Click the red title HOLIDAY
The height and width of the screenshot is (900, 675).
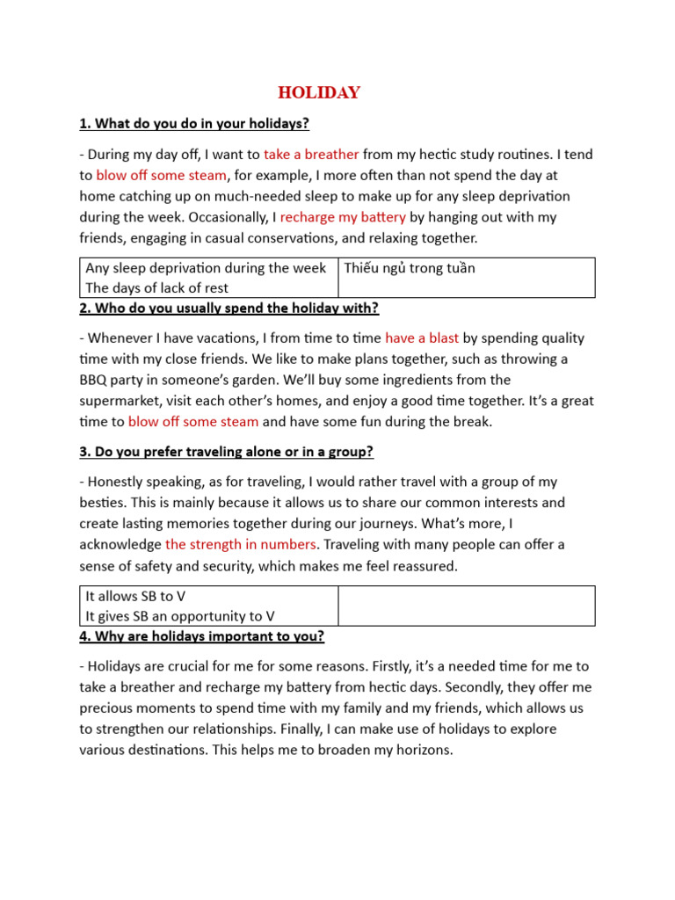319,93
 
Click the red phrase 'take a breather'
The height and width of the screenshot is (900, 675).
311,155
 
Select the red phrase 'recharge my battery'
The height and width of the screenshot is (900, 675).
343,217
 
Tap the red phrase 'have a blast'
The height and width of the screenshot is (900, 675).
422,338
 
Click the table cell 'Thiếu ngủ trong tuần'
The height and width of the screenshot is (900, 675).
410,268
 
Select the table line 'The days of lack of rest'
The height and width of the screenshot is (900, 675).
156,288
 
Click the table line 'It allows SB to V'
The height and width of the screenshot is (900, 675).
135,596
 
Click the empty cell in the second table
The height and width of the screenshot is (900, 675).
466,606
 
